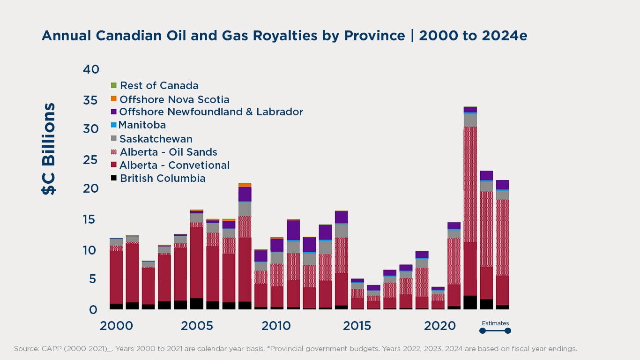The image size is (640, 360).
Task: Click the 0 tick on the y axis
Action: click(x=93, y=309)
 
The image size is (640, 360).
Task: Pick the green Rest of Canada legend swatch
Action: click(x=113, y=85)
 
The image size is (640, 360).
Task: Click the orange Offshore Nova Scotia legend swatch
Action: click(x=113, y=99)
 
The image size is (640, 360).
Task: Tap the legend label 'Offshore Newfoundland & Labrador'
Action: click(x=211, y=112)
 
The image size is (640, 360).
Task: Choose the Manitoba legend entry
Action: click(x=142, y=125)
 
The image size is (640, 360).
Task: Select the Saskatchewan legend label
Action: click(x=156, y=139)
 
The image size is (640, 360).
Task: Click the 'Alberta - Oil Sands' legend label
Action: click(x=168, y=152)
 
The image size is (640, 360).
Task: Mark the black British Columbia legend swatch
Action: click(x=113, y=178)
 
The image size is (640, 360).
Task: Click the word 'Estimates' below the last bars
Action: click(x=495, y=323)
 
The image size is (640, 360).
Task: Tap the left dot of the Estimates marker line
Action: click(x=482, y=331)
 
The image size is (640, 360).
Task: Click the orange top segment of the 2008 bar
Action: click(x=245, y=185)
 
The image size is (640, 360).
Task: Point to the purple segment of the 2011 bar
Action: click(x=293, y=230)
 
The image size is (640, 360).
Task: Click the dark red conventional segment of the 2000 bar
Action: click(x=116, y=277)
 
